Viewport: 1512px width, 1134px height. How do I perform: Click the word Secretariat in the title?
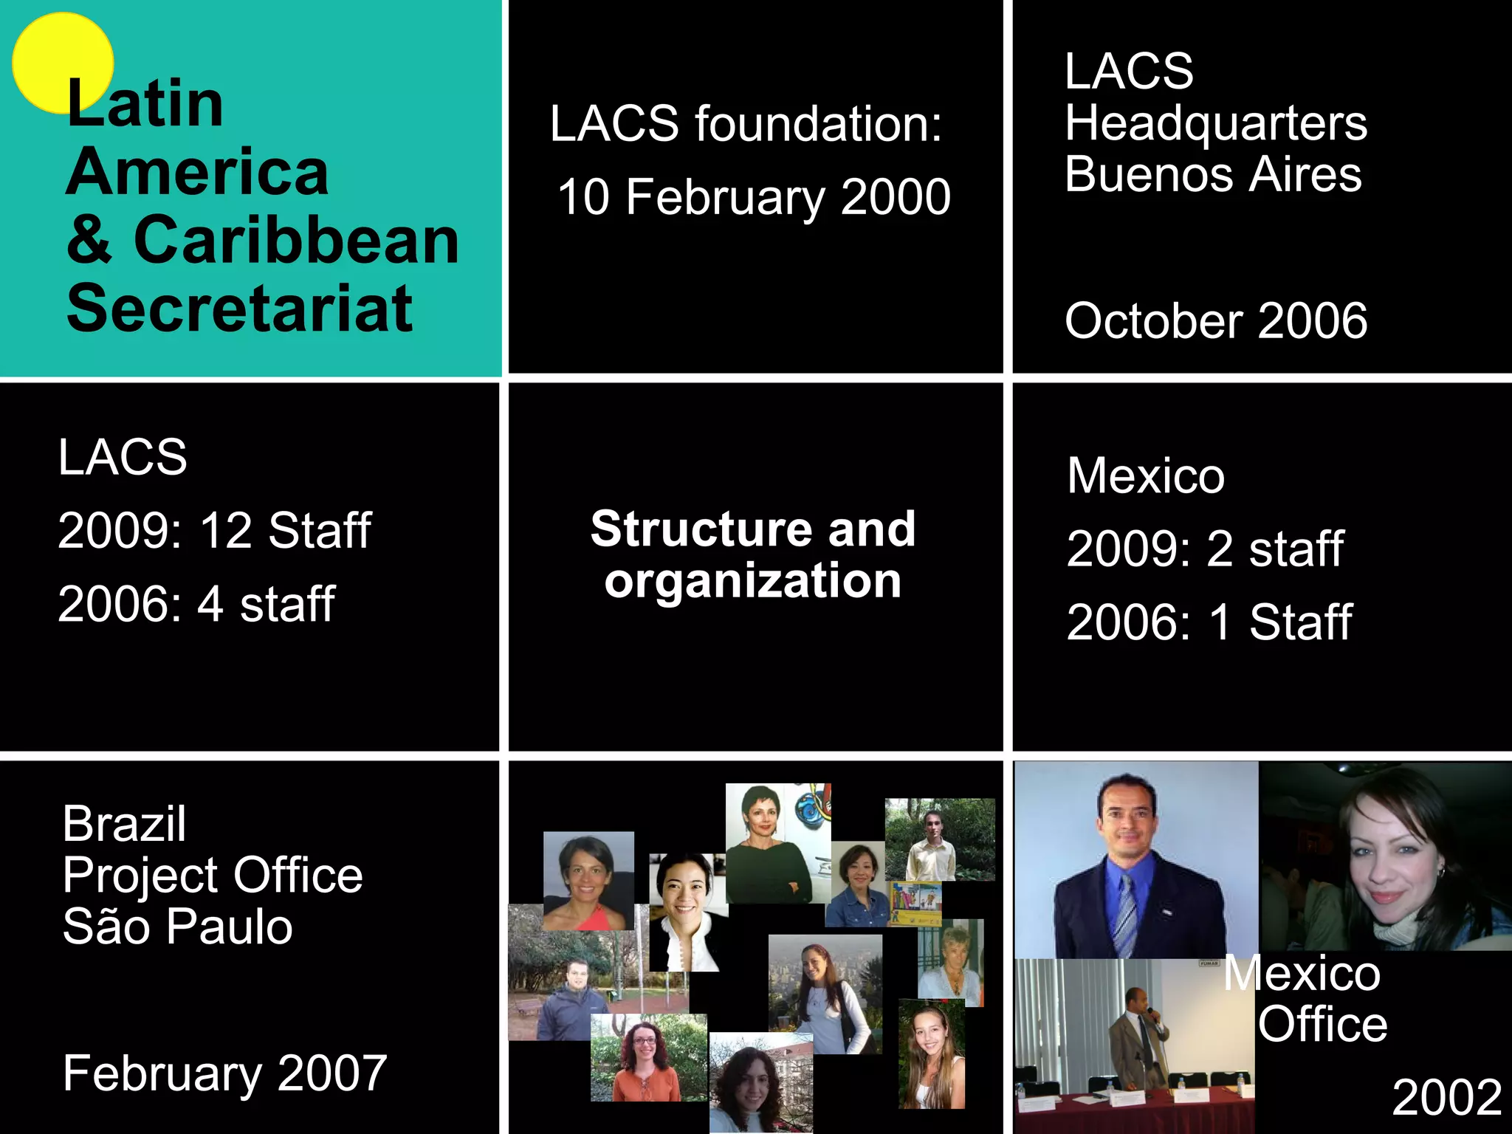[239, 309]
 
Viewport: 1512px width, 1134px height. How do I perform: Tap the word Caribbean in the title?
[296, 241]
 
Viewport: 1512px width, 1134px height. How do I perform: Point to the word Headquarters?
[1215, 123]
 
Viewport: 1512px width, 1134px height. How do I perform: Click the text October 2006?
[1215, 320]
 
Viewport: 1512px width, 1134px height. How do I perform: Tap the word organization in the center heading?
[752, 582]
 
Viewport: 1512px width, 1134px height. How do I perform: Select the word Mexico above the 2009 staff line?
[1145, 475]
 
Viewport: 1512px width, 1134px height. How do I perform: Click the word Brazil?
[124, 823]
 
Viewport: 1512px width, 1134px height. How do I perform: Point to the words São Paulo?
[177, 927]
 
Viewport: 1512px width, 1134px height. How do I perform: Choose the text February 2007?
[224, 1073]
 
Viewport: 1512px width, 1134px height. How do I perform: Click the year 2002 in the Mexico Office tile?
[1446, 1097]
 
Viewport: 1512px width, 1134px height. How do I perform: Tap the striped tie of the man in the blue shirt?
[1126, 915]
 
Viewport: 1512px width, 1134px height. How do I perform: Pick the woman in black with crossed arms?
[768, 849]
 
